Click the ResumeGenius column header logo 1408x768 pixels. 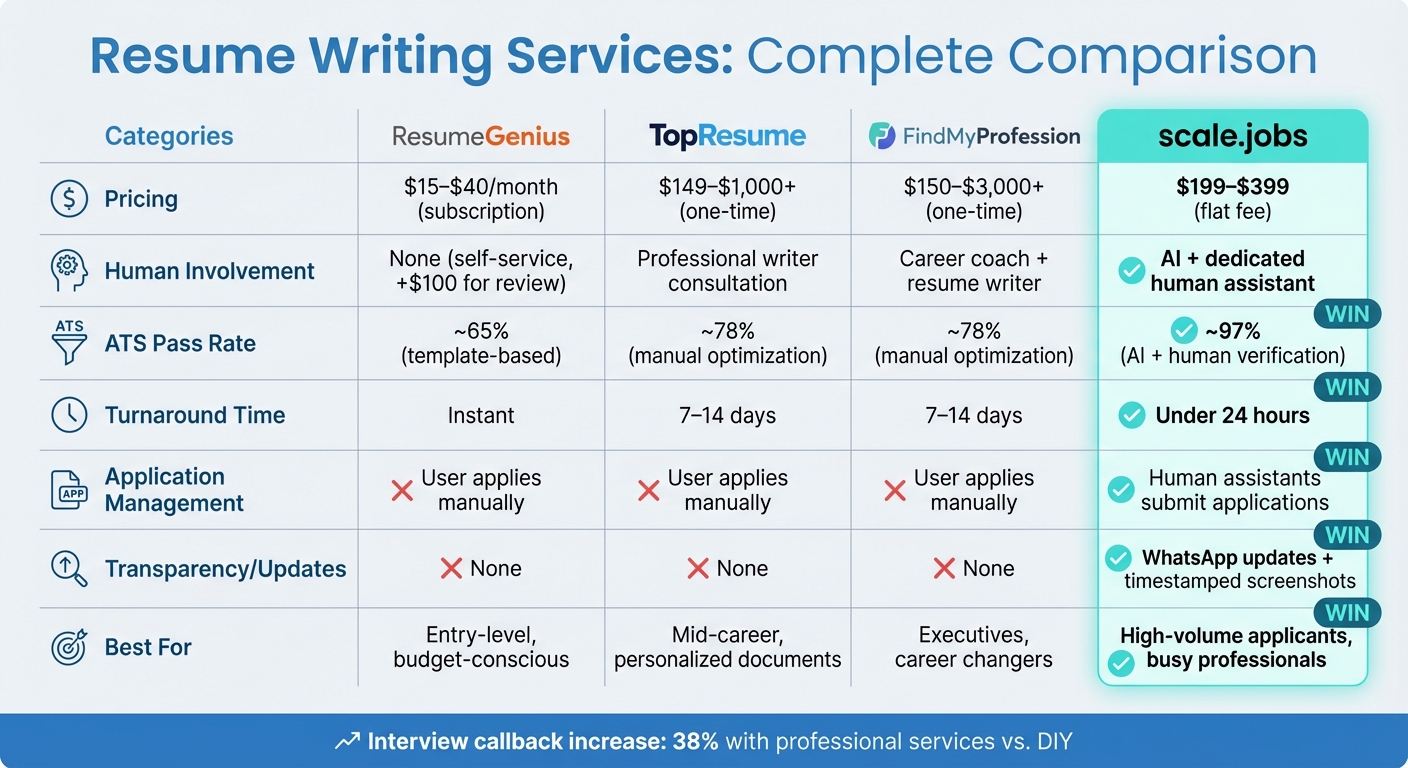click(481, 136)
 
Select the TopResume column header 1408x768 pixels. click(727, 136)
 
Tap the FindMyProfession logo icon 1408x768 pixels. click(881, 136)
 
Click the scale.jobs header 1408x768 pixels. click(1232, 136)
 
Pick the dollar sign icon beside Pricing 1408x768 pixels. click(69, 199)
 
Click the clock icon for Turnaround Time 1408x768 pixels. click(69, 415)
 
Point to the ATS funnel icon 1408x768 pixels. click(69, 343)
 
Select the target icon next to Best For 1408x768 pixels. click(69, 647)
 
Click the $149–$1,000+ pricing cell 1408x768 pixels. click(727, 198)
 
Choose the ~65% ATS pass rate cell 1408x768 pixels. click(481, 343)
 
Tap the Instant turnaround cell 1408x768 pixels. click(481, 415)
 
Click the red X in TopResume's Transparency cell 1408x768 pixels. click(698, 569)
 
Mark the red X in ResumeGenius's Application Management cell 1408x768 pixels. click(402, 491)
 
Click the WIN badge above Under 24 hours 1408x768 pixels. click(1346, 386)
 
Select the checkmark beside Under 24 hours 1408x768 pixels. click(1131, 415)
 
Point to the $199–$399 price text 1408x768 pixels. click(1232, 187)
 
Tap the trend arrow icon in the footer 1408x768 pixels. click(347, 742)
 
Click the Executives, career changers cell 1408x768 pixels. click(974, 647)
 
